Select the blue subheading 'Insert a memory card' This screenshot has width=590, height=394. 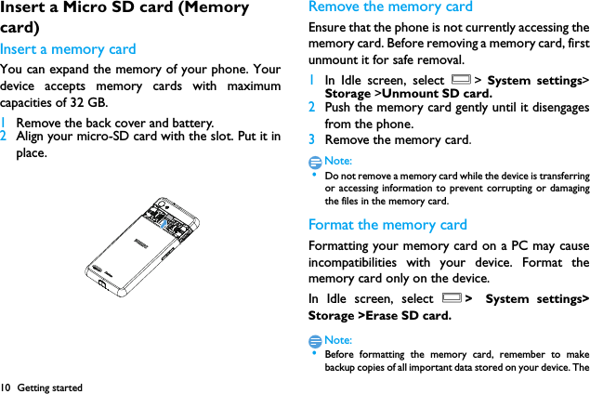[x=68, y=49]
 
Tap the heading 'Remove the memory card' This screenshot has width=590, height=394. [x=390, y=7]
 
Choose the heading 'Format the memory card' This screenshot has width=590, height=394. [x=387, y=224]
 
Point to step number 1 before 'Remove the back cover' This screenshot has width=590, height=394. [x=4, y=123]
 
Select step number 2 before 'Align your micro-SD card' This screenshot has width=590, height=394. [x=4, y=137]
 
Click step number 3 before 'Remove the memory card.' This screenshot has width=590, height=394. [x=312, y=139]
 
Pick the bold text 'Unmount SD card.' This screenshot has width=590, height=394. [x=437, y=94]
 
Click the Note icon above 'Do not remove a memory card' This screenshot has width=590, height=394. [x=316, y=161]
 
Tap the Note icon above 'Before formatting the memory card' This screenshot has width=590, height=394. [x=316, y=340]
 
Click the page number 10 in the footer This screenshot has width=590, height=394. [x=6, y=387]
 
